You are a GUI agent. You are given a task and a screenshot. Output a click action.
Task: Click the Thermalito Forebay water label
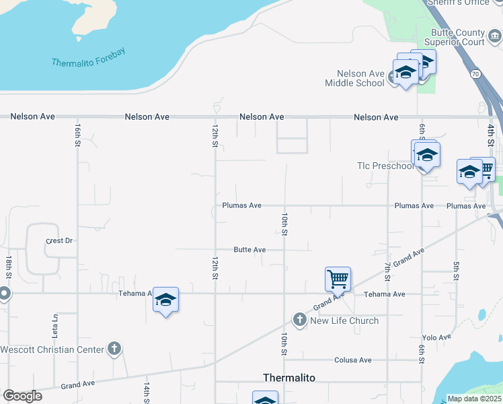tap(89, 58)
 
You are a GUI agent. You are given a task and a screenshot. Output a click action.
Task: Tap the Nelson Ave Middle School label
tap(354, 78)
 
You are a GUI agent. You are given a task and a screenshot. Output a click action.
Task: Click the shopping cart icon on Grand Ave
tap(337, 278)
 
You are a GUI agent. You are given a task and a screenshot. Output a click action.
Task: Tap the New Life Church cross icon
tap(300, 320)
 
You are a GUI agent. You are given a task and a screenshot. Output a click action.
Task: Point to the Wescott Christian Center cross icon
tap(114, 348)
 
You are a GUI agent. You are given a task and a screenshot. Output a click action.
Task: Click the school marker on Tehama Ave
tap(165, 300)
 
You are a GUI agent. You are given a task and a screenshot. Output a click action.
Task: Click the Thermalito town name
tap(288, 378)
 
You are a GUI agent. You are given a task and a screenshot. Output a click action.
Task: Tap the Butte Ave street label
tap(249, 250)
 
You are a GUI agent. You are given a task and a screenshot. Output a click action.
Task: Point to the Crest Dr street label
tap(59, 240)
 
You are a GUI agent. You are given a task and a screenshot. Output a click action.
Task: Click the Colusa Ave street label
tap(355, 360)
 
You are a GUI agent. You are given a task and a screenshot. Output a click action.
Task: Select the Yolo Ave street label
tap(436, 337)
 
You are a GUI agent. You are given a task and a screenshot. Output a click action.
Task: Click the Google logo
tap(22, 396)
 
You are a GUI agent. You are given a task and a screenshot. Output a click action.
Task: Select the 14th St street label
tap(146, 391)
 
